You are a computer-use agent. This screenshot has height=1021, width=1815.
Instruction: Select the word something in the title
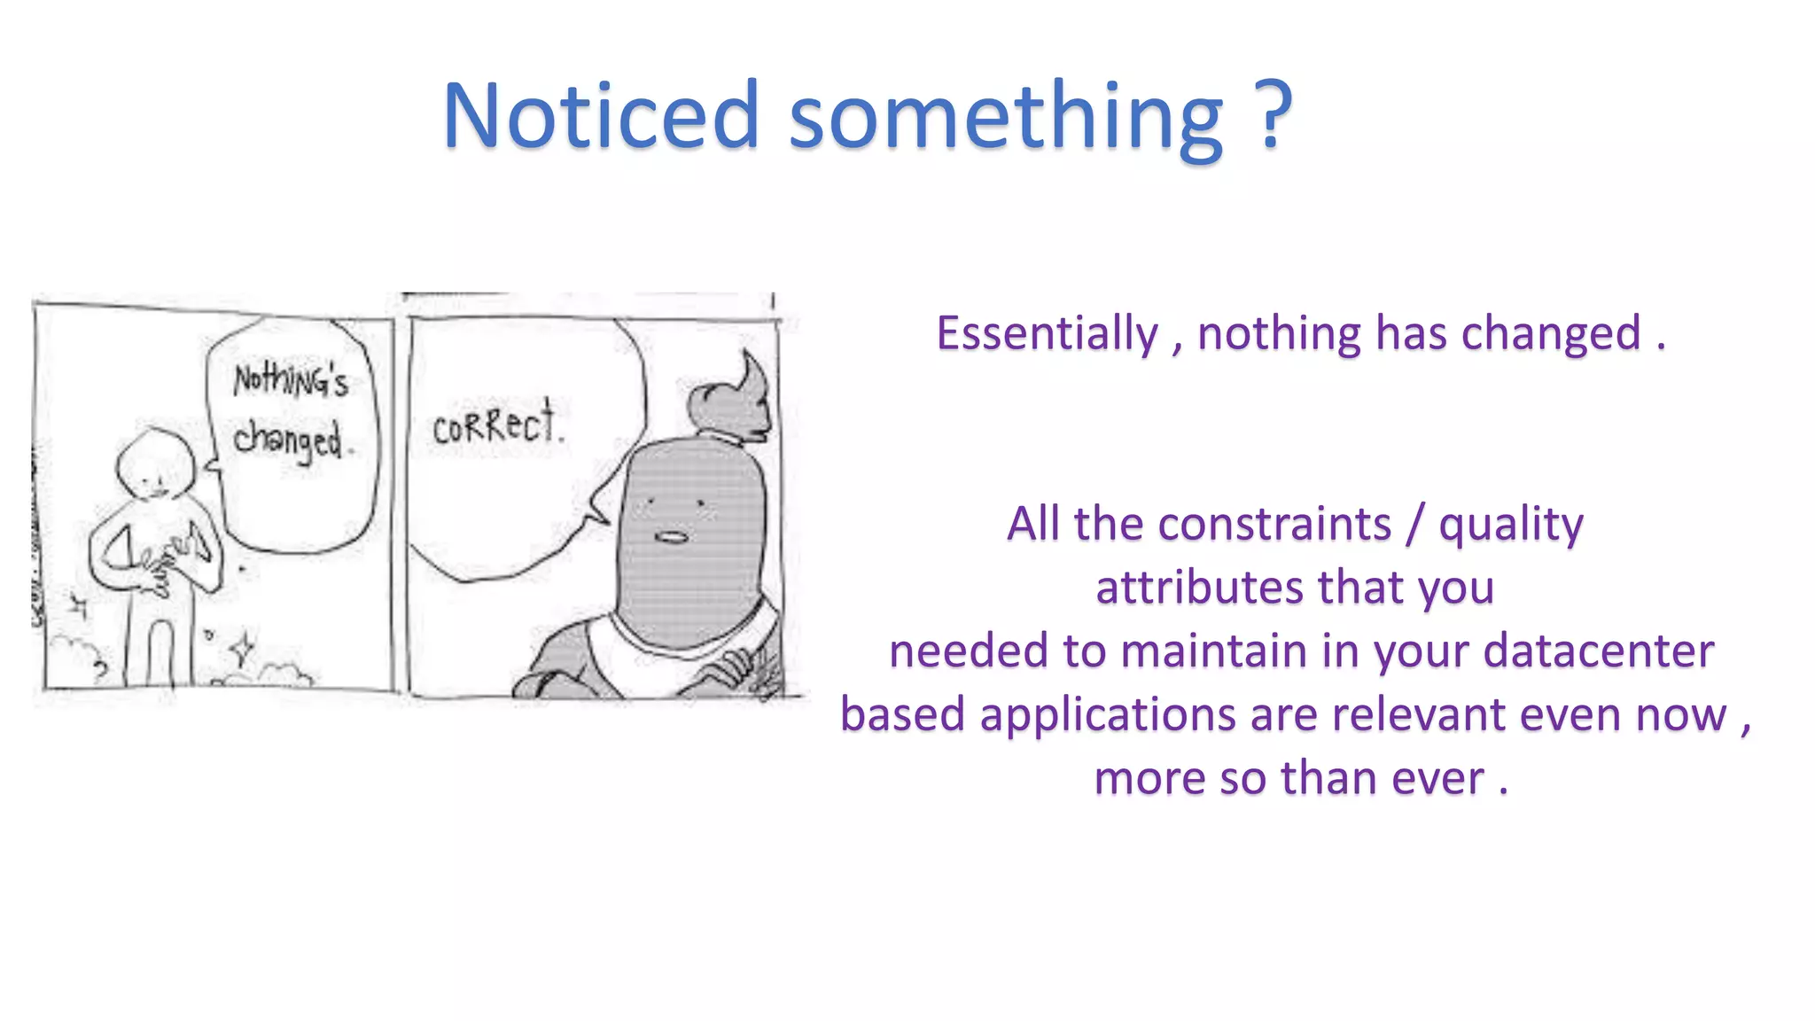(1006, 120)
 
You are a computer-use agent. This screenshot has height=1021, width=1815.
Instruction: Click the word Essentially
(1048, 334)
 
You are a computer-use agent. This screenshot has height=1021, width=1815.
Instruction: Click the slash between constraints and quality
(1415, 524)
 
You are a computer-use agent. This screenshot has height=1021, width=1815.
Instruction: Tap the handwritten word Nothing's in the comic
(291, 380)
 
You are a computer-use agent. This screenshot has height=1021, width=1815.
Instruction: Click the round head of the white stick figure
(156, 466)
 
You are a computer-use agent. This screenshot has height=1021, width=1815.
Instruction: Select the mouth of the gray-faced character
(671, 537)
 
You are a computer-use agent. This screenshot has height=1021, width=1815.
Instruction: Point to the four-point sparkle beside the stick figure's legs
(242, 650)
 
